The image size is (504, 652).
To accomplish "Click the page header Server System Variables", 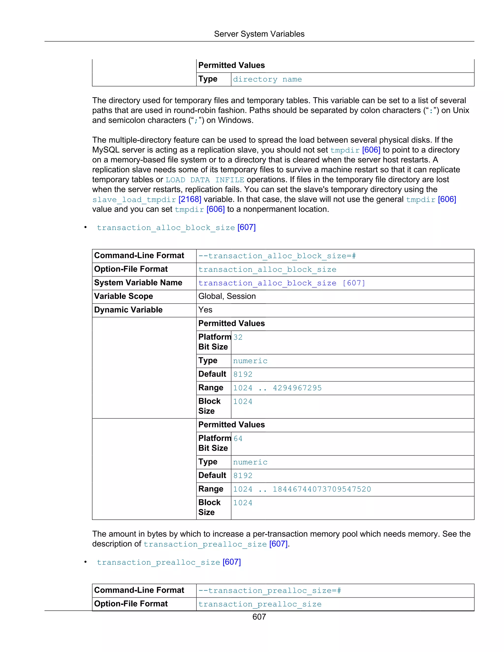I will [259, 34].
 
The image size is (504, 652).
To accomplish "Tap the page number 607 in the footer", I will [259, 617].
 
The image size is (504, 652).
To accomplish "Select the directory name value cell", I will [267, 79].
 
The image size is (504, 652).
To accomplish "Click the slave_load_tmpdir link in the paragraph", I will [134, 200].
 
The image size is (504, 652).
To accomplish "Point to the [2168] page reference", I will [190, 200].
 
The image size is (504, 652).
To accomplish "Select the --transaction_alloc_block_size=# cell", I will [277, 256].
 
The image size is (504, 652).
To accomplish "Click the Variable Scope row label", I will [123, 296].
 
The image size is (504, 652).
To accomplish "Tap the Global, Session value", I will [227, 296].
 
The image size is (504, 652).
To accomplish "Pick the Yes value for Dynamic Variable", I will [205, 310].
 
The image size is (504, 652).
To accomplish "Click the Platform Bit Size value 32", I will [238, 337].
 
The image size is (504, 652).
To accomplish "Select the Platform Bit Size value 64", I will [238, 438].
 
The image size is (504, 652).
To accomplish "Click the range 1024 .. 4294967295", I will [277, 388].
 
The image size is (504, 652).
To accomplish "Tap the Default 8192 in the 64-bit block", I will [243, 476].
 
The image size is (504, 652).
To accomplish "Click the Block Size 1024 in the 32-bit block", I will [243, 402].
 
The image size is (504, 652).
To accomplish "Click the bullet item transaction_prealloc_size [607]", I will [169, 562].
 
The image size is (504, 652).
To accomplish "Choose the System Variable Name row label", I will [138, 283].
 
